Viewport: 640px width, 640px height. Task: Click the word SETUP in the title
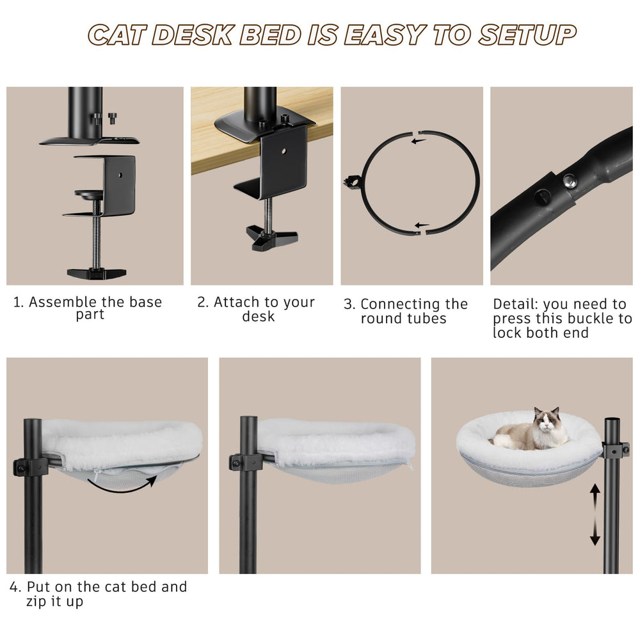527,35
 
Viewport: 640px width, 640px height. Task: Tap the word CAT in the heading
118,35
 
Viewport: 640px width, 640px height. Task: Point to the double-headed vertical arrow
595,515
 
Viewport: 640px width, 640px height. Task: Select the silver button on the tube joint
570,180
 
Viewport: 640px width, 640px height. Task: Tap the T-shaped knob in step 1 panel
97,273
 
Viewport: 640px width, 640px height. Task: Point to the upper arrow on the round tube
419,141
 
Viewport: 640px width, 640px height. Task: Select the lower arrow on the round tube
422,225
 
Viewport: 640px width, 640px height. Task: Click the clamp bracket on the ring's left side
353,180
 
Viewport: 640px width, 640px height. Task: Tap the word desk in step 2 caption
258,316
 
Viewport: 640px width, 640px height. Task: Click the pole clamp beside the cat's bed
614,449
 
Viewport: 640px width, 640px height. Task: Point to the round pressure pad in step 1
90,195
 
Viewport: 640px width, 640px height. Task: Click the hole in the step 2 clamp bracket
284,151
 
